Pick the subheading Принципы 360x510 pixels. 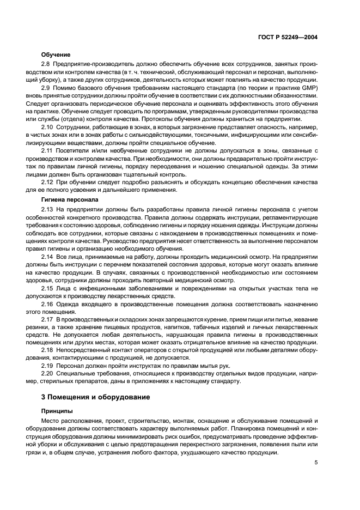(57, 411)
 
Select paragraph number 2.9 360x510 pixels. (46, 88)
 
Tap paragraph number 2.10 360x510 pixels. (47, 127)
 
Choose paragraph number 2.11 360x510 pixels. (47, 150)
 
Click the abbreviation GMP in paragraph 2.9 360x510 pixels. (308, 88)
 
